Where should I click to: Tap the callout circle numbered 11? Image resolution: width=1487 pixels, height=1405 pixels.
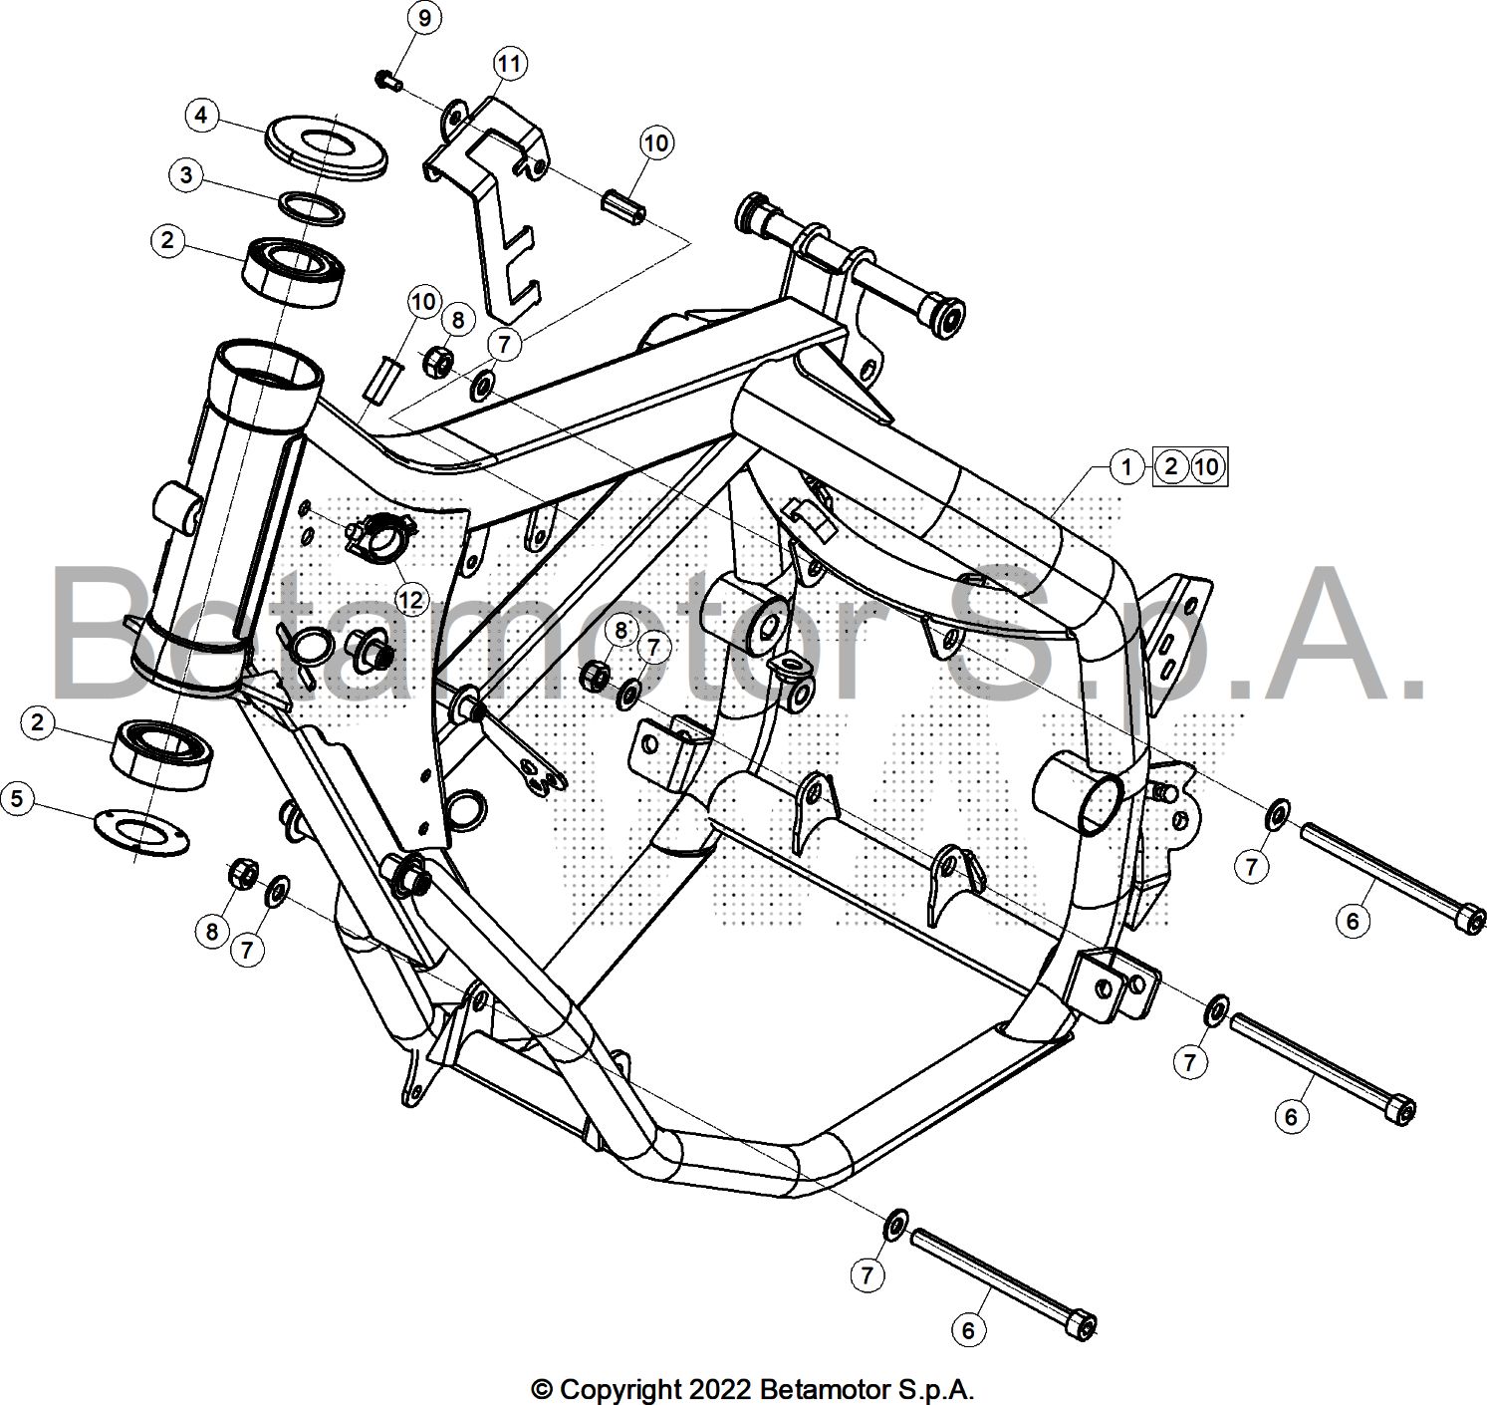tap(509, 65)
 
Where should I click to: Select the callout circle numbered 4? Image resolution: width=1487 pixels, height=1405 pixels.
tap(201, 116)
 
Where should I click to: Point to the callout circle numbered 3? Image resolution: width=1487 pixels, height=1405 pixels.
tap(186, 176)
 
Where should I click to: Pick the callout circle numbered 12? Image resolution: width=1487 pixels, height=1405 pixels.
tap(410, 599)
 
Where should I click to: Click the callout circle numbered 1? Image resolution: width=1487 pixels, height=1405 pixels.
tap(1126, 466)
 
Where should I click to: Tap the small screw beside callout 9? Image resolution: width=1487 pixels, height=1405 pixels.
tap(388, 80)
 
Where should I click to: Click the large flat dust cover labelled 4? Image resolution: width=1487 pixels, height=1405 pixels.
tap(326, 148)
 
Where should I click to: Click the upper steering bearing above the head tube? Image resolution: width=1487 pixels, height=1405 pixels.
tap(295, 267)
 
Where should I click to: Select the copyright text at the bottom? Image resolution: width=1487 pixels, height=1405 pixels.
tap(752, 1388)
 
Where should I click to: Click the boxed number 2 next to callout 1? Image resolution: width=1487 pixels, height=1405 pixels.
tap(1171, 466)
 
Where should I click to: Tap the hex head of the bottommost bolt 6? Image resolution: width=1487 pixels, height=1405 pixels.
tap(1083, 1324)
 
